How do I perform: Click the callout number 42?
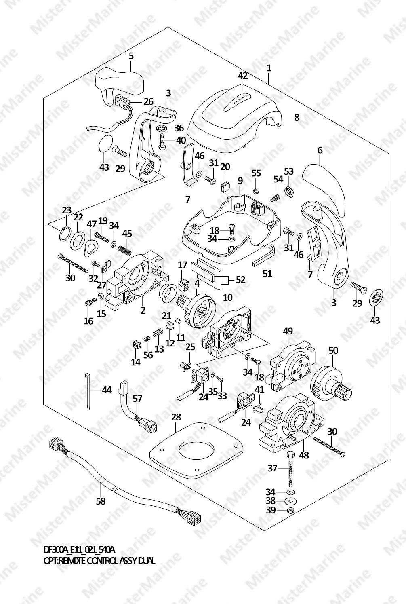point(242,76)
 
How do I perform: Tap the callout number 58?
point(101,501)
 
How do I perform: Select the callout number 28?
point(176,417)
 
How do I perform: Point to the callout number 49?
point(288,331)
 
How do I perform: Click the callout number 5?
point(131,56)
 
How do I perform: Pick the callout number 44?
point(107,390)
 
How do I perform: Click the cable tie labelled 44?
point(88,390)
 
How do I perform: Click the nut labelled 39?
point(290,510)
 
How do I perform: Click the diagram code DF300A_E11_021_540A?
point(79,550)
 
